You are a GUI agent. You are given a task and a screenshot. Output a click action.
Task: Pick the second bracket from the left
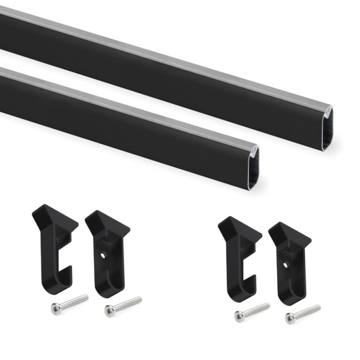pos(106,251)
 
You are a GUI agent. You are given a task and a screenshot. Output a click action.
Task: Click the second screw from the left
pos(123,305)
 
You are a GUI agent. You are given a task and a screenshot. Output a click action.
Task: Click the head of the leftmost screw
pos(55,309)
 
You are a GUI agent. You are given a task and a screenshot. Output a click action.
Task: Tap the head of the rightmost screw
pos(290,318)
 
